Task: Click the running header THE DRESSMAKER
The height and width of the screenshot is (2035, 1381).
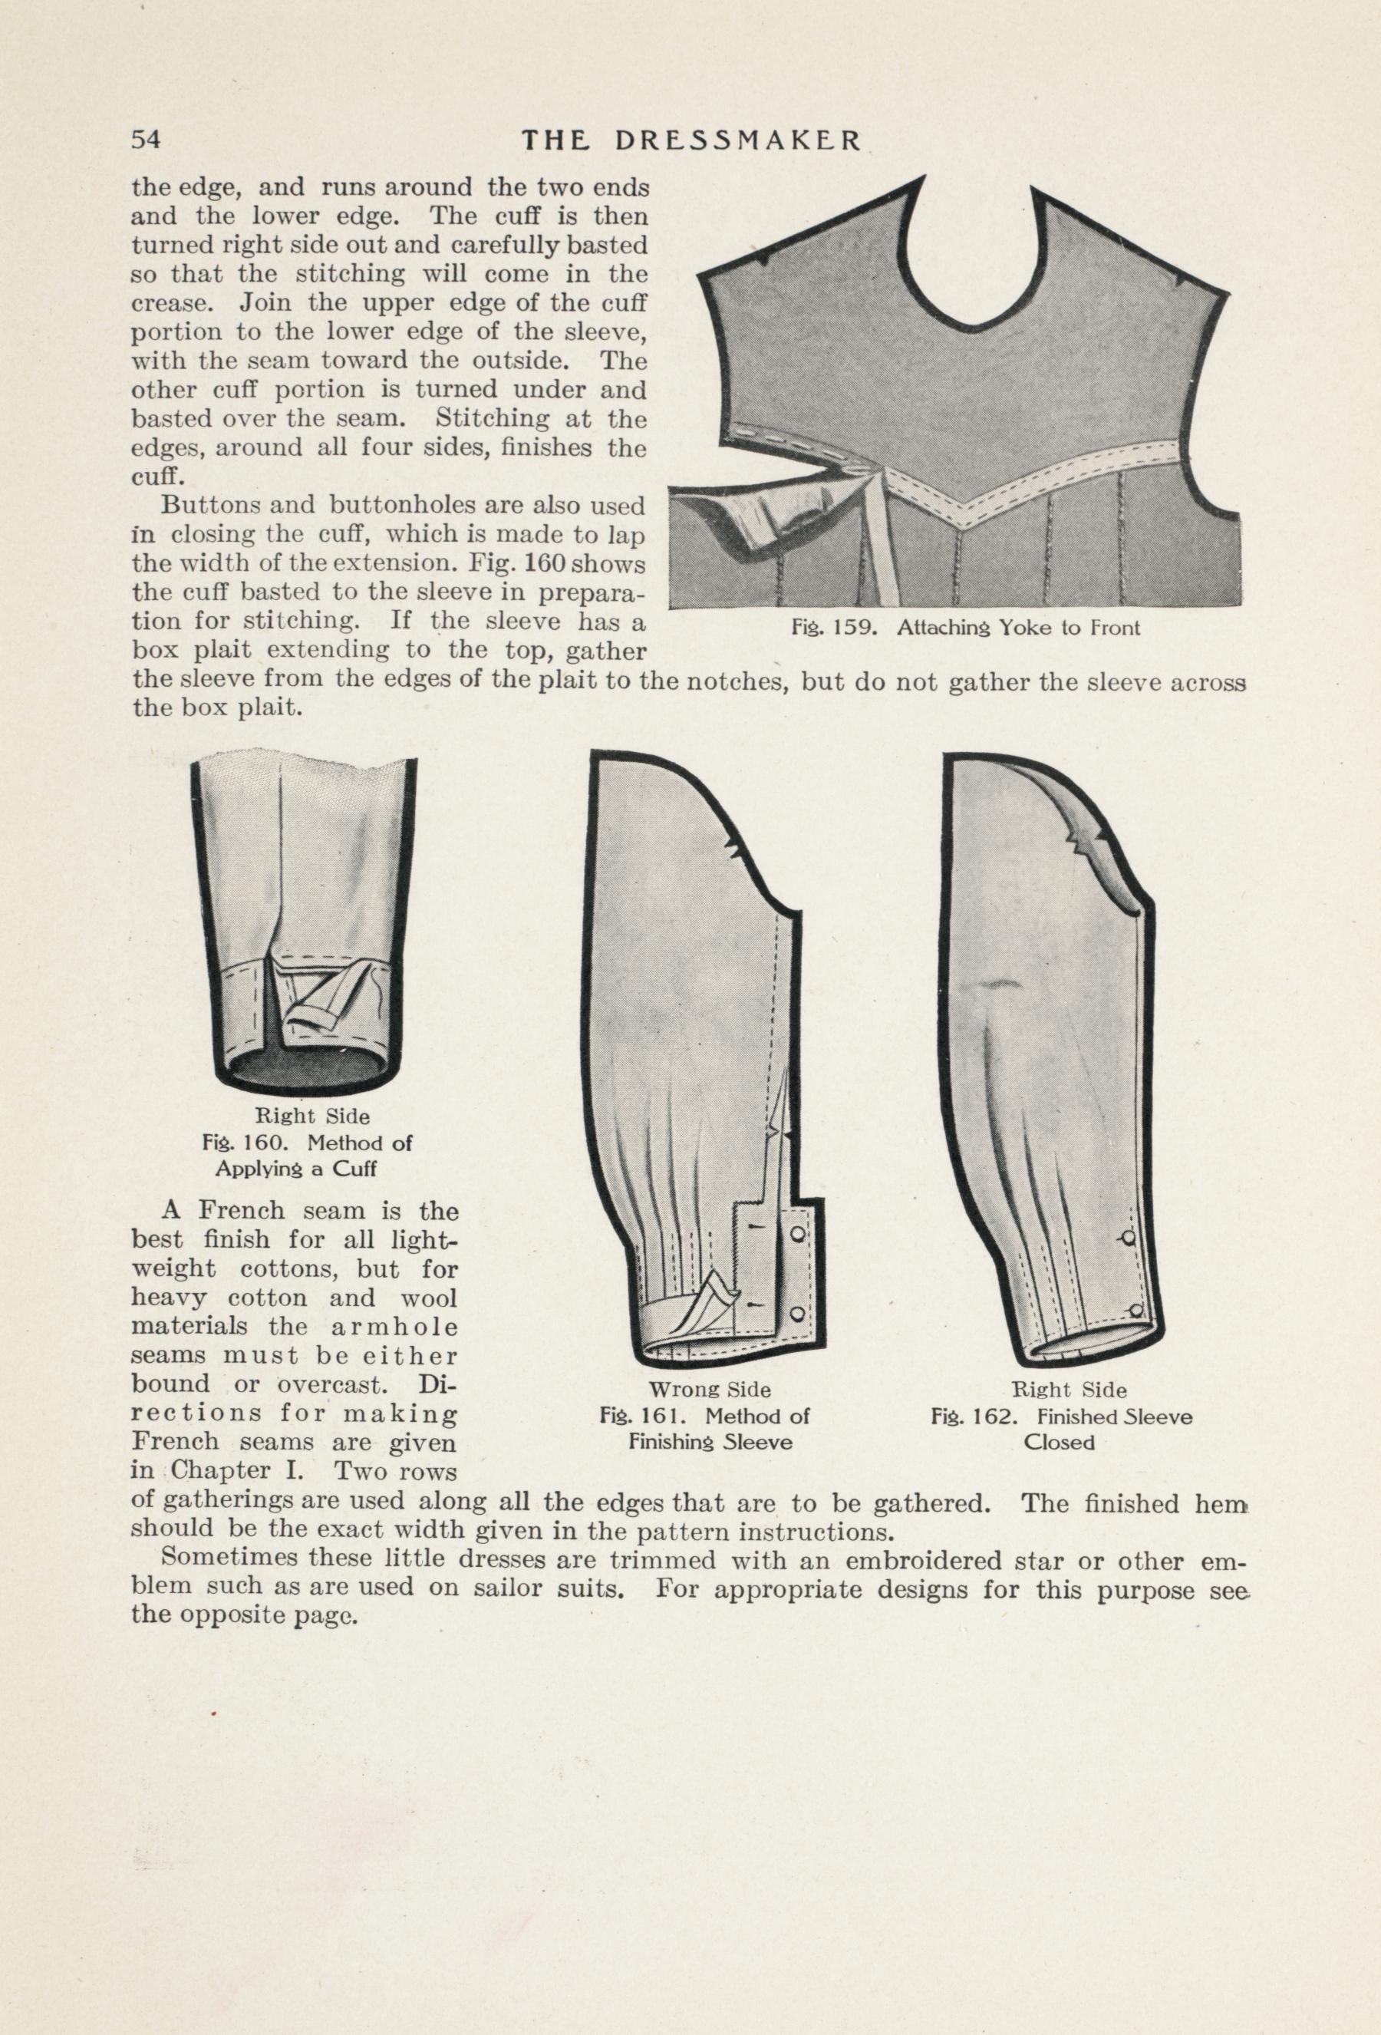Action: (691, 140)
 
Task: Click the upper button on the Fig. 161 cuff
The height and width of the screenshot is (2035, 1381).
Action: (797, 1234)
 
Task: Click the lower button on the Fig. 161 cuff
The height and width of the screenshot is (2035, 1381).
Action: (797, 1314)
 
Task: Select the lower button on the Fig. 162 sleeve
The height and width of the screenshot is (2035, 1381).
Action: (1135, 1310)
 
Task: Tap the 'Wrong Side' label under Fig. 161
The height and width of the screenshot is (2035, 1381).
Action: (710, 1390)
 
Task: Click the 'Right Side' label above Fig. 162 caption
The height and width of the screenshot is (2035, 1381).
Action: (1069, 1390)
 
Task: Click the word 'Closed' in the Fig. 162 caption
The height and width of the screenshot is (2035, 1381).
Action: (1059, 1442)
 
